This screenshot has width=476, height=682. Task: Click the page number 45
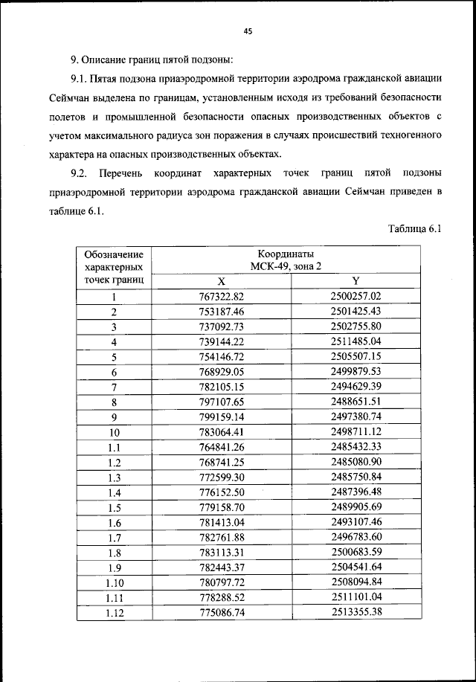(x=248, y=30)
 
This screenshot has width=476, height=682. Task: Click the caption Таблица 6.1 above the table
(x=415, y=229)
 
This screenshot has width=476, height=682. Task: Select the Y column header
(x=356, y=281)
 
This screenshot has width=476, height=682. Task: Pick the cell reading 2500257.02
(x=356, y=296)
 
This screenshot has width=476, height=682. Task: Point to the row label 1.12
(x=114, y=612)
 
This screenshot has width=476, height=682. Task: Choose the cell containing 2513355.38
(x=356, y=612)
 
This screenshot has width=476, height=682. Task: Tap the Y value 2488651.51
(x=356, y=401)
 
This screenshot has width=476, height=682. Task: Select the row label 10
(x=114, y=431)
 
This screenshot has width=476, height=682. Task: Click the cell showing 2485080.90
(x=356, y=462)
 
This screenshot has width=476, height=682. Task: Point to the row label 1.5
(x=114, y=507)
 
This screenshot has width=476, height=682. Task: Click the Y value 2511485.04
(x=356, y=341)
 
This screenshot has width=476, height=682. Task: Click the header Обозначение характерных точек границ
(x=114, y=267)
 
